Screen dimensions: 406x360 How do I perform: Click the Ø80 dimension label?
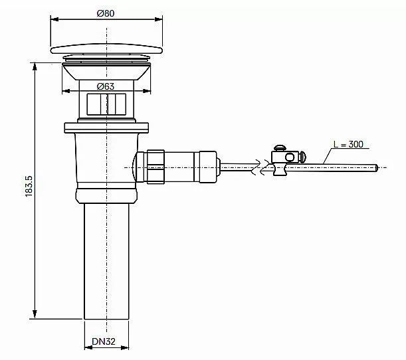click(106, 13)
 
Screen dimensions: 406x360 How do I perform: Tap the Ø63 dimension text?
click(106, 86)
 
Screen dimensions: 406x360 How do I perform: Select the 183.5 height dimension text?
click(29, 186)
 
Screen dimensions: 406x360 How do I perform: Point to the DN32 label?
click(104, 341)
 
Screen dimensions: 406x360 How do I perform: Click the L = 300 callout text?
click(348, 144)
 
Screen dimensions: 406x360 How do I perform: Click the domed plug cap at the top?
click(106, 48)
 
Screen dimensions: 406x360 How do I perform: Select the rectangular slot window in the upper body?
click(106, 104)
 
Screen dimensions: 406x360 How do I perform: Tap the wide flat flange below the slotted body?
click(106, 128)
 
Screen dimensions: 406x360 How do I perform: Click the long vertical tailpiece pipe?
click(106, 261)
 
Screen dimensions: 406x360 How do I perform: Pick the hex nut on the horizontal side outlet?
click(155, 167)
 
